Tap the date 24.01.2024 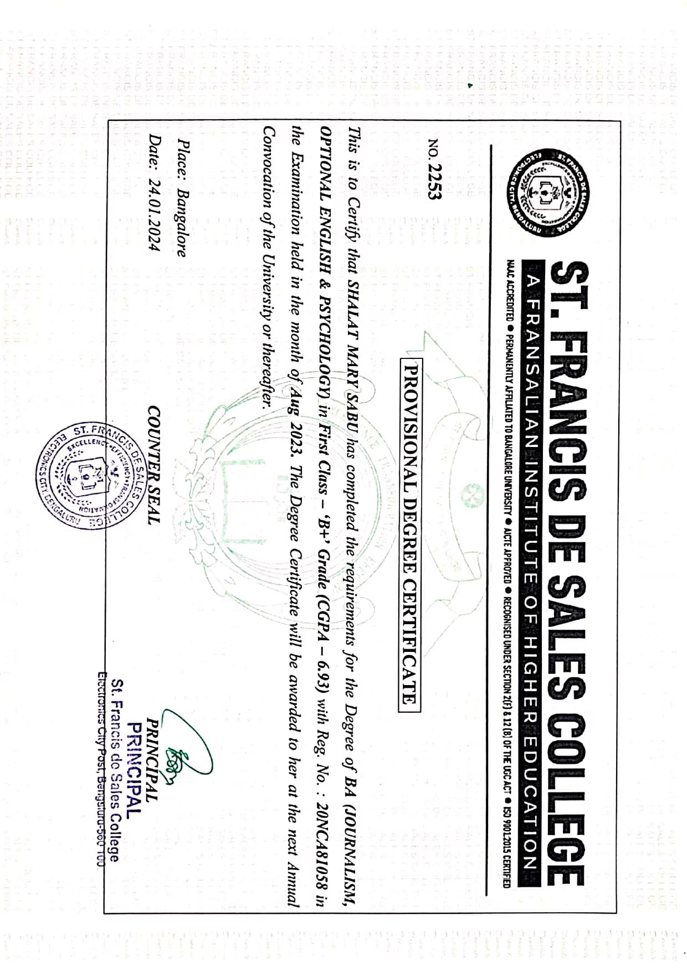154,212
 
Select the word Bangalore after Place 181,223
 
